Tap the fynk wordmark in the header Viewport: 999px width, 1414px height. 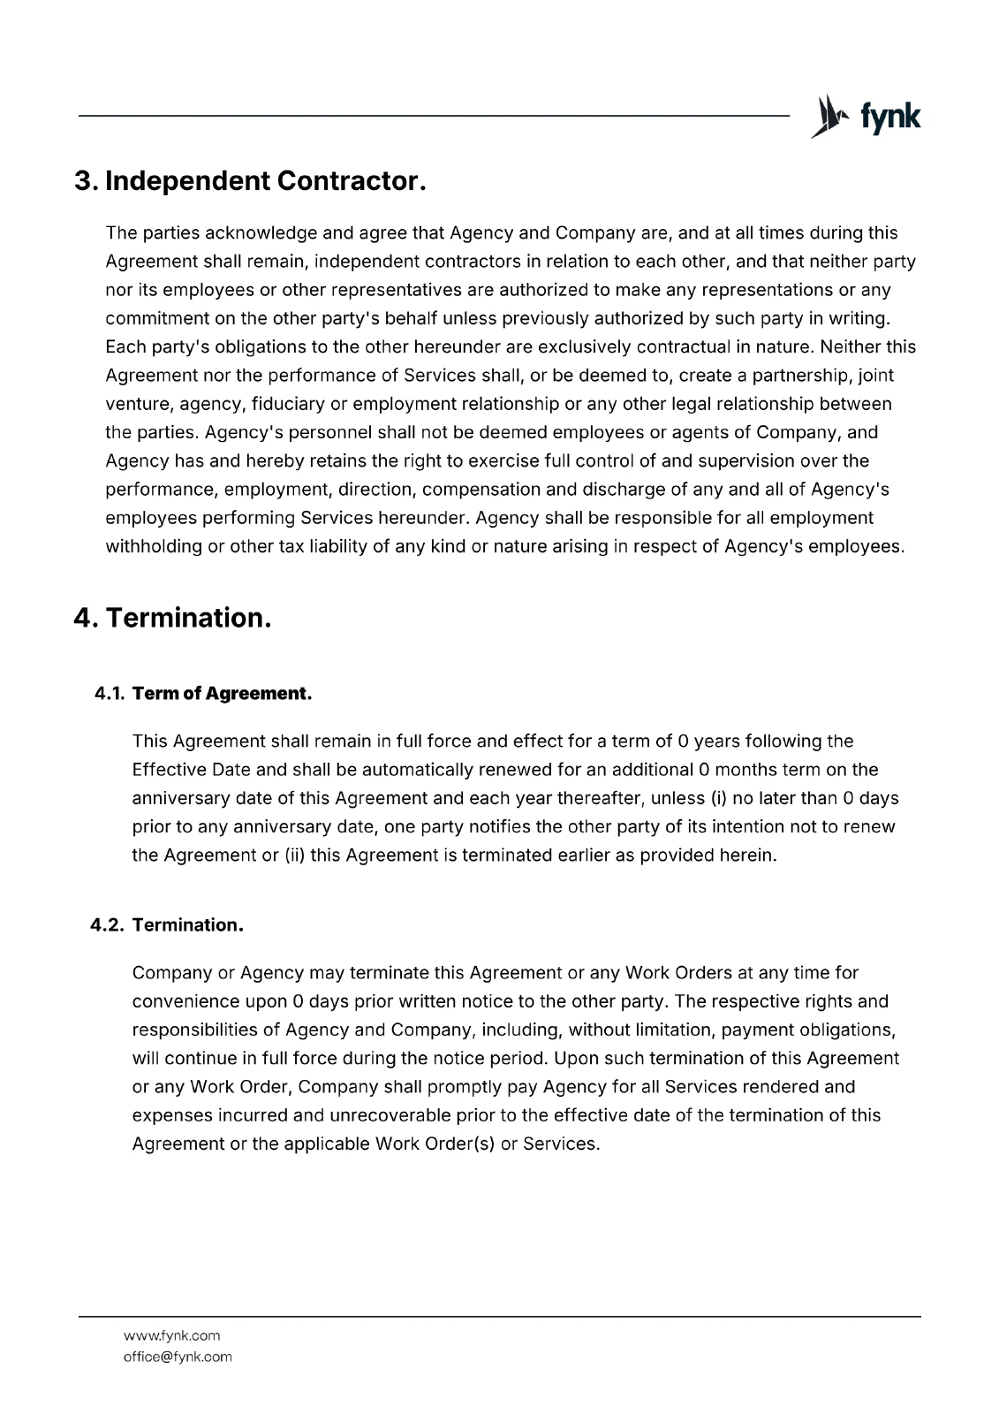point(889,118)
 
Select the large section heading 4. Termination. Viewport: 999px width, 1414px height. point(172,617)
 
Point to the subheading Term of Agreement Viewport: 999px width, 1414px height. point(222,694)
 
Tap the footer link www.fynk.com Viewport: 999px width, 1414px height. point(171,1335)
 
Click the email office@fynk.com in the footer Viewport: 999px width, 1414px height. point(178,1357)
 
